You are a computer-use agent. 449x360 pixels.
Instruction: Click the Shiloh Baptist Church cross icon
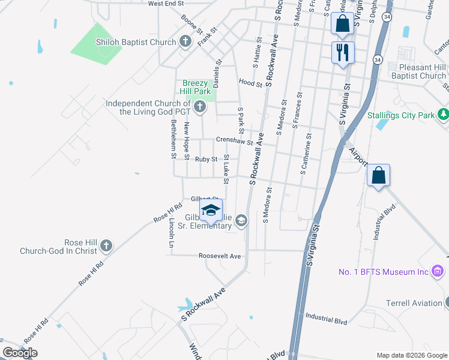[x=186, y=41]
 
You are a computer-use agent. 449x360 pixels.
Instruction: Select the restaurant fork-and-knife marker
[x=343, y=52]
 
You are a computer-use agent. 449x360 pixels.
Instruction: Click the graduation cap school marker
[x=211, y=210]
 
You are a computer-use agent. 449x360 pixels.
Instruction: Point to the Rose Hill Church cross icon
[x=106, y=245]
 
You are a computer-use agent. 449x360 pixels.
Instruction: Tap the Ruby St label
[x=206, y=159]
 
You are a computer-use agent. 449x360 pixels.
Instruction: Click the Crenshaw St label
[x=235, y=141]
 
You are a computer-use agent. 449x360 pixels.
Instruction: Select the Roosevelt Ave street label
[x=220, y=256]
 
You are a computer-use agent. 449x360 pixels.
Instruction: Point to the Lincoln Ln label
[x=171, y=233]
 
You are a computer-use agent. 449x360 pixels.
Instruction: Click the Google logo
[x=20, y=353]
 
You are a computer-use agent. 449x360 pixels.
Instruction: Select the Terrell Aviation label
[x=413, y=303]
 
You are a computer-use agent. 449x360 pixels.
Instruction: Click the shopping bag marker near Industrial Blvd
[x=378, y=176]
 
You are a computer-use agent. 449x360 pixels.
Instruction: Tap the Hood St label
[x=250, y=83]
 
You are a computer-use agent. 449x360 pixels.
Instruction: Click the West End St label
[x=165, y=4]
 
